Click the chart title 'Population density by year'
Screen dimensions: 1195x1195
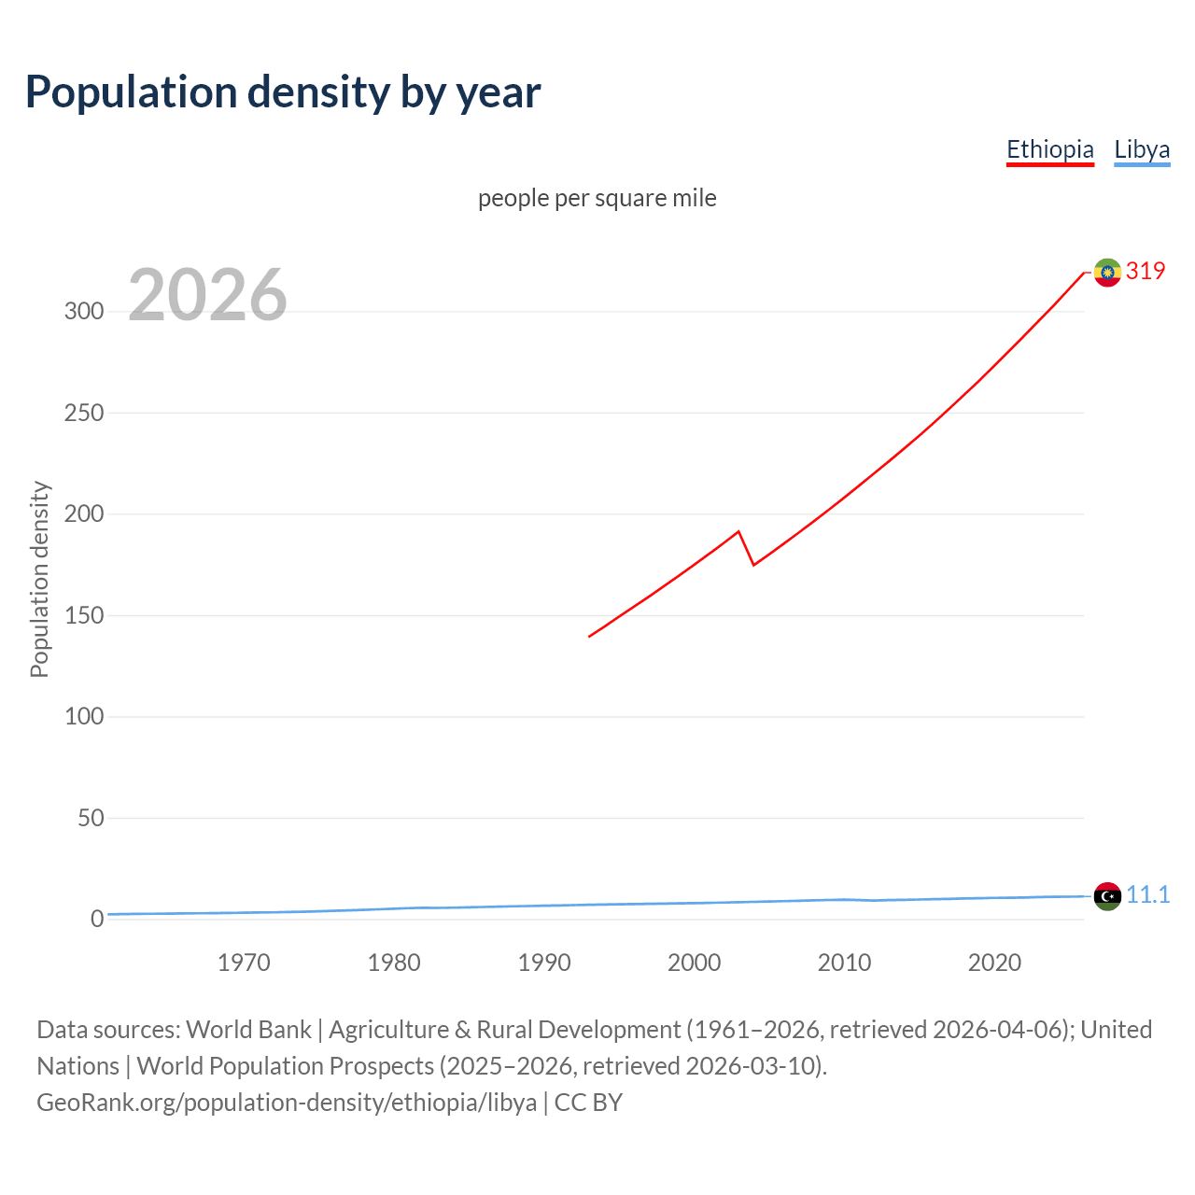pos(283,92)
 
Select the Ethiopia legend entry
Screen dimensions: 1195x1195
pos(1049,149)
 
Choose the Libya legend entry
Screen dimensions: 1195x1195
pos(1142,149)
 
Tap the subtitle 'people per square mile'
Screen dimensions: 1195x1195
pos(597,198)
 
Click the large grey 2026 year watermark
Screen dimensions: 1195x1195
pos(207,295)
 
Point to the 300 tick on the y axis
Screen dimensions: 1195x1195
pos(84,311)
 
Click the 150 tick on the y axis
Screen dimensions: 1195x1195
pos(84,615)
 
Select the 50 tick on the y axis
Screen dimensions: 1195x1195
pos(91,818)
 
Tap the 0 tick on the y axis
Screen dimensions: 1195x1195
pos(97,919)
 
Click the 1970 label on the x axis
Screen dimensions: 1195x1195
pos(244,963)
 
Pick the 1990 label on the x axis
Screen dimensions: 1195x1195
pos(544,963)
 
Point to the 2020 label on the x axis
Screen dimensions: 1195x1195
pos(994,963)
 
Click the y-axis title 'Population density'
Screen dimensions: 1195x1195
pos(39,579)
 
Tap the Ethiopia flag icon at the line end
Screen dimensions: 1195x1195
pos(1107,273)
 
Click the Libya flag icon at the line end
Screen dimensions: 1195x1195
pos(1107,896)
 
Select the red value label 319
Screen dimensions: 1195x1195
pos(1146,271)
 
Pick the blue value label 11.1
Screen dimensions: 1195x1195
pos(1147,894)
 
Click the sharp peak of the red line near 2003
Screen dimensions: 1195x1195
pos(738,532)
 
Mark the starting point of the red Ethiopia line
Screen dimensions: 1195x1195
pos(589,637)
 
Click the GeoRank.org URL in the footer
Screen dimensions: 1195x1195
pos(287,1103)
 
